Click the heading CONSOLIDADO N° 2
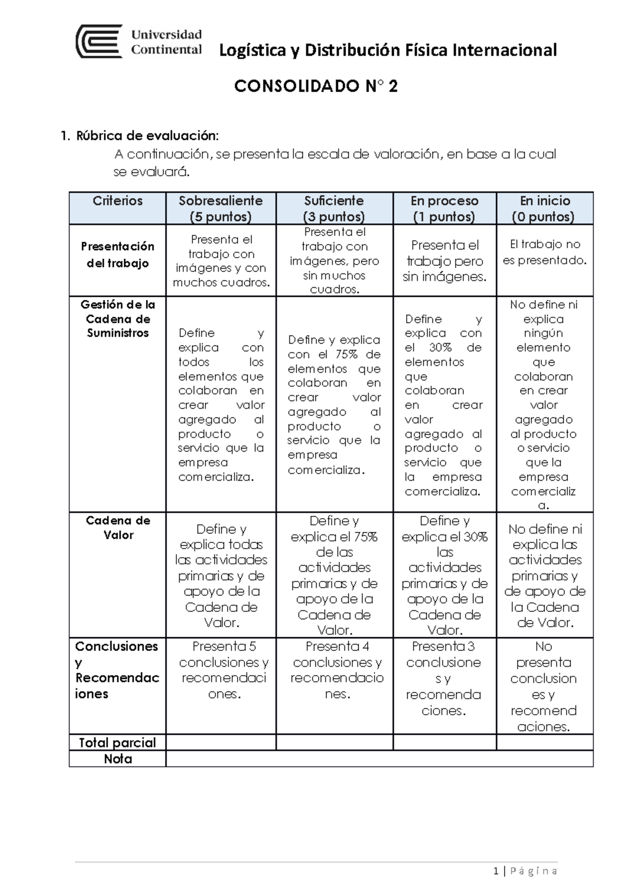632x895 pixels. coord(315,86)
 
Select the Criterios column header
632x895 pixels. coord(117,201)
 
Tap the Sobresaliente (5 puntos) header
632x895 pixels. coord(221,208)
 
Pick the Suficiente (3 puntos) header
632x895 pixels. coord(334,208)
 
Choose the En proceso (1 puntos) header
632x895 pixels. coord(444,208)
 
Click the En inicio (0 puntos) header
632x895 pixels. coord(544,208)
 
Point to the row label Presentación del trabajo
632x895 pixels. coord(117,255)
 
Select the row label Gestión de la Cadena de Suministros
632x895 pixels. coord(117,318)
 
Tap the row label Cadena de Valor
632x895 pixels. coord(118,528)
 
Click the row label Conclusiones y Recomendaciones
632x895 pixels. coord(116,669)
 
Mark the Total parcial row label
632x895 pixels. coord(117,743)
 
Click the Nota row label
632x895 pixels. coord(117,759)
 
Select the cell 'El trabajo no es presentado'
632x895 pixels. coord(545,252)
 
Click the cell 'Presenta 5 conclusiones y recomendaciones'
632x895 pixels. coord(223,669)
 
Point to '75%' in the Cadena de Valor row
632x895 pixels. coord(366,537)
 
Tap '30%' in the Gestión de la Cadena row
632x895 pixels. coord(440,347)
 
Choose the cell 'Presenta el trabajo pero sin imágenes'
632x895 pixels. coord(445,260)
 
